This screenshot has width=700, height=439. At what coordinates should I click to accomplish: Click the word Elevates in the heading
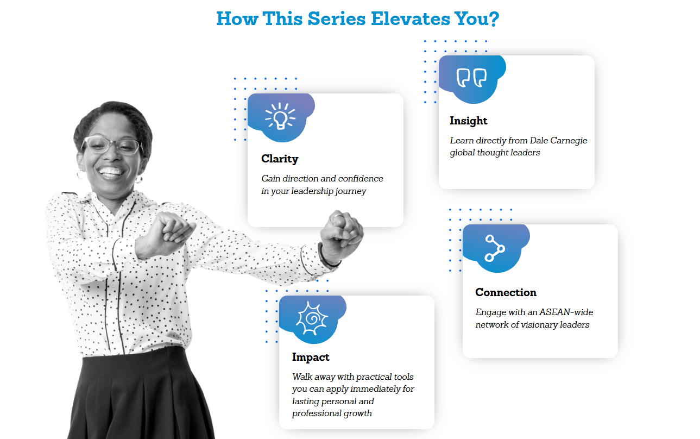(x=411, y=18)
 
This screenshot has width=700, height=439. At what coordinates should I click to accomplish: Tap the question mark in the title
(x=493, y=18)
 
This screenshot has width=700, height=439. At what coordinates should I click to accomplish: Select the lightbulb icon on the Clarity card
(x=280, y=116)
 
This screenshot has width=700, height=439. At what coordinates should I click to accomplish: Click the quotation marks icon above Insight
(x=471, y=77)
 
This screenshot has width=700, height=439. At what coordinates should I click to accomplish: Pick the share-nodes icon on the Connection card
(x=495, y=248)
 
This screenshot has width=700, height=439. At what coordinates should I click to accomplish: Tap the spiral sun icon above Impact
(x=312, y=318)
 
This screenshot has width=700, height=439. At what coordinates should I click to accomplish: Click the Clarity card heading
(x=280, y=159)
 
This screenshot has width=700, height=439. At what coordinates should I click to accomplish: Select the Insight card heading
(x=469, y=121)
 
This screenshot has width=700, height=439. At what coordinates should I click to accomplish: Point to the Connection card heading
(x=506, y=292)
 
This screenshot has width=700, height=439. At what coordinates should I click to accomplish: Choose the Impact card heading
(x=311, y=357)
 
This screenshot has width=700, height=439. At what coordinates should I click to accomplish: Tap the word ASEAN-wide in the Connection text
(x=566, y=312)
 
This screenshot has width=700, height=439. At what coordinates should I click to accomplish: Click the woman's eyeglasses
(x=112, y=146)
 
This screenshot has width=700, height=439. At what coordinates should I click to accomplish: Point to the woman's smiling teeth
(x=110, y=171)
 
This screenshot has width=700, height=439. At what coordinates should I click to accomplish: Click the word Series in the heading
(x=337, y=18)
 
